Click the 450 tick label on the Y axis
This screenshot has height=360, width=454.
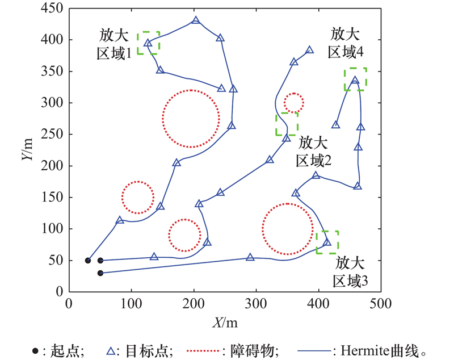click(54, 9)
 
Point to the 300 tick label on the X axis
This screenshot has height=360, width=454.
click(257, 303)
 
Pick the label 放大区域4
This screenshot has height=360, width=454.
click(346, 42)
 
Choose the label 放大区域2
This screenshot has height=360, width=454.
click(313, 150)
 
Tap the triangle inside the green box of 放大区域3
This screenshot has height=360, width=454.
click(327, 242)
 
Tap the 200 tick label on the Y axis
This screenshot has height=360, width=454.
click(54, 166)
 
